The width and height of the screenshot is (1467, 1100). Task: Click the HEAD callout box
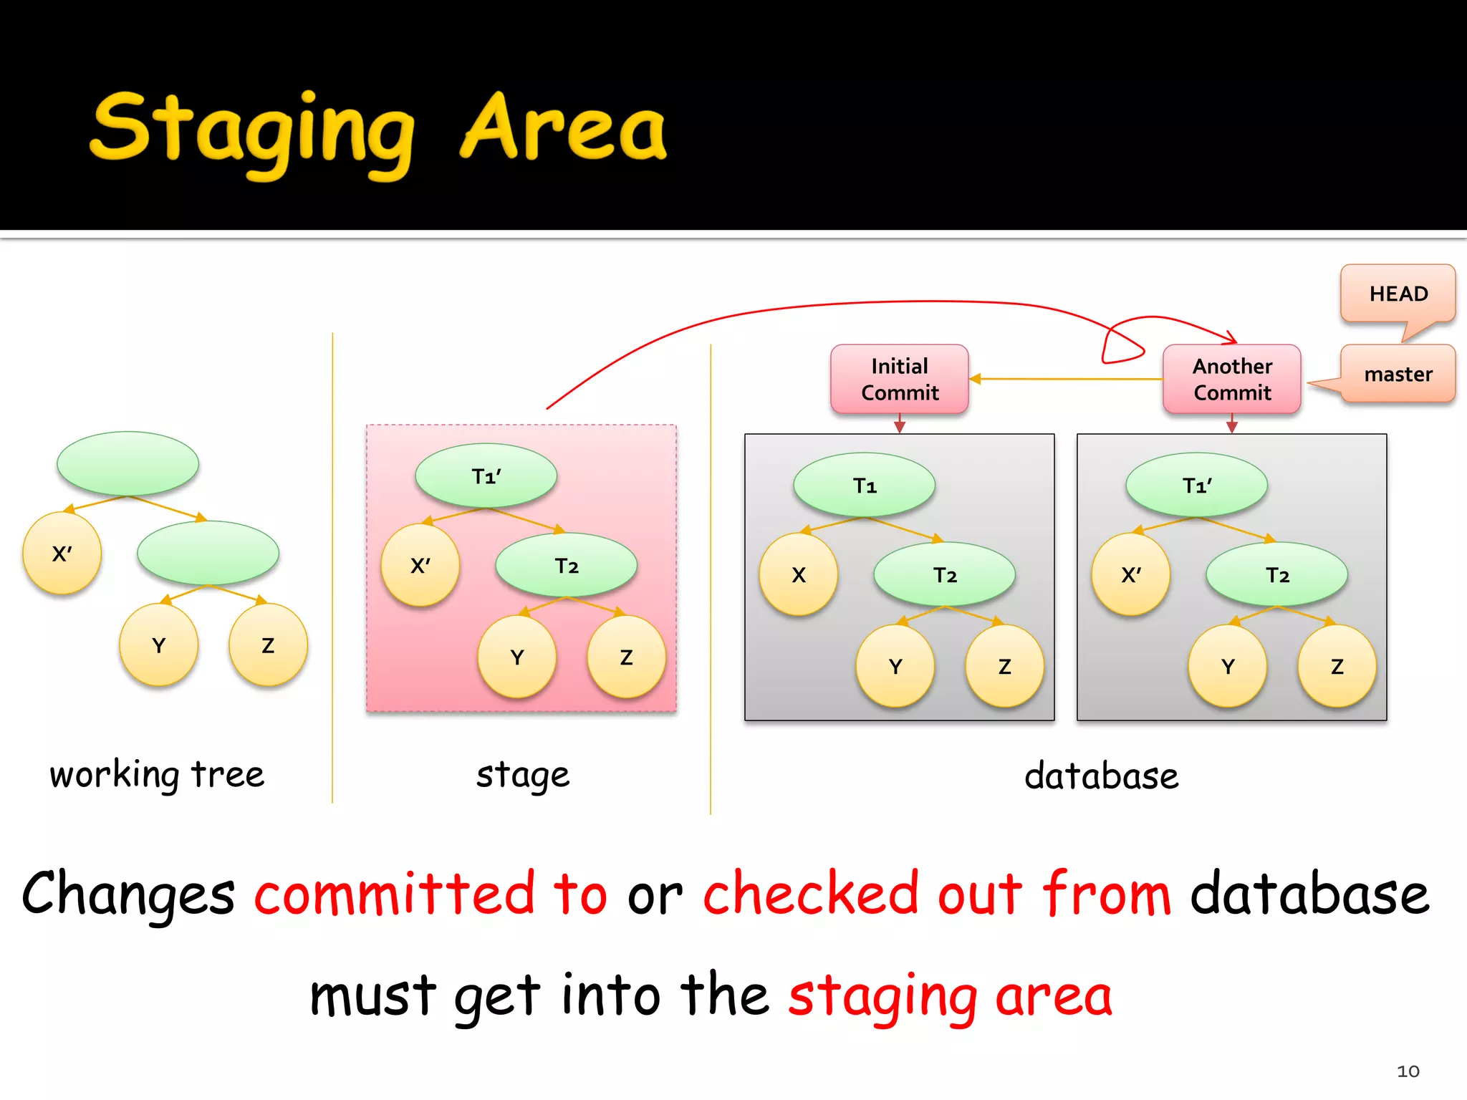pos(1398,294)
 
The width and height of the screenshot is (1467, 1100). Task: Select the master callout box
pos(1398,374)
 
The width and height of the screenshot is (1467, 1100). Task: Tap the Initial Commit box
pos(900,380)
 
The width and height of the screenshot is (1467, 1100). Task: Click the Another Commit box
pos(1232,380)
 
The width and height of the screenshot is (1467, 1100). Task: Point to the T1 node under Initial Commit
pos(865,486)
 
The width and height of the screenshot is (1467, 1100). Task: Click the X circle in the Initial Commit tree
pos(799,574)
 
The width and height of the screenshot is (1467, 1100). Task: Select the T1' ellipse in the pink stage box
pos(486,476)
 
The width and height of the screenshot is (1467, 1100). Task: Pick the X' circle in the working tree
pos(62,553)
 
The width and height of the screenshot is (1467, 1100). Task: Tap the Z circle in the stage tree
pos(626,657)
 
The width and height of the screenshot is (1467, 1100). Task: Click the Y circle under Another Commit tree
pos(1228,666)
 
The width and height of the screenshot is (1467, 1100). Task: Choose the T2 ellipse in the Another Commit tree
pos(1277,574)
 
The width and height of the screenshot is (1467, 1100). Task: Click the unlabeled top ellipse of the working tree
pos(128,463)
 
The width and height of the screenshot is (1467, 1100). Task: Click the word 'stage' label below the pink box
pos(523,775)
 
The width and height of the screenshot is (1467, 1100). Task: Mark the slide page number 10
pos(1408,1071)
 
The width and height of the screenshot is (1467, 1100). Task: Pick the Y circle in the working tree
pos(159,645)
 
